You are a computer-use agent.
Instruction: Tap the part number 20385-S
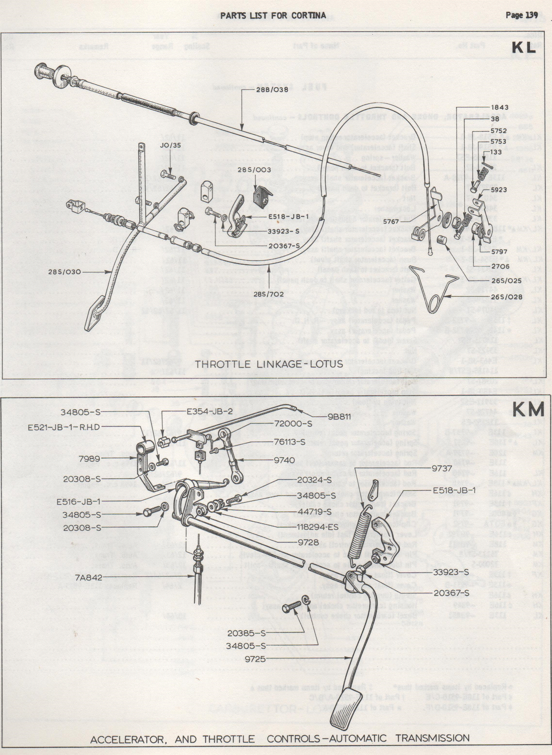[x=247, y=632]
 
